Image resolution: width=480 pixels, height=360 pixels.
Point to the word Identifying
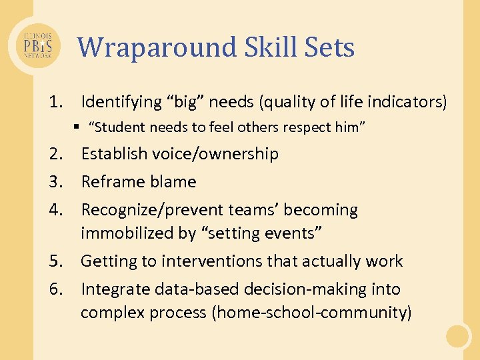click(x=121, y=102)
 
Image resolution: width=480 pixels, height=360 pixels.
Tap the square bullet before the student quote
click(x=77, y=127)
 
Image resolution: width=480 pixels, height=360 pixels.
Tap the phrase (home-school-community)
click(x=311, y=313)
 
